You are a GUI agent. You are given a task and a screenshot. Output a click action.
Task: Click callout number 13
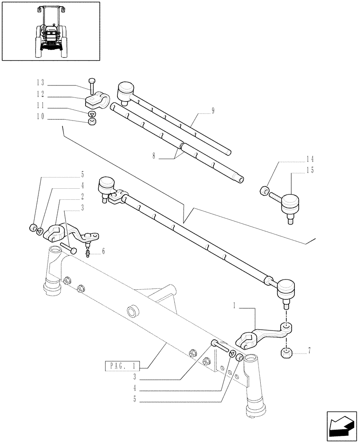coord(41,83)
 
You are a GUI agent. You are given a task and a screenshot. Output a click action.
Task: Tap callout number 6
coord(103,251)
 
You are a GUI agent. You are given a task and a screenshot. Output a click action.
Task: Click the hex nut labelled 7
coord(286,354)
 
